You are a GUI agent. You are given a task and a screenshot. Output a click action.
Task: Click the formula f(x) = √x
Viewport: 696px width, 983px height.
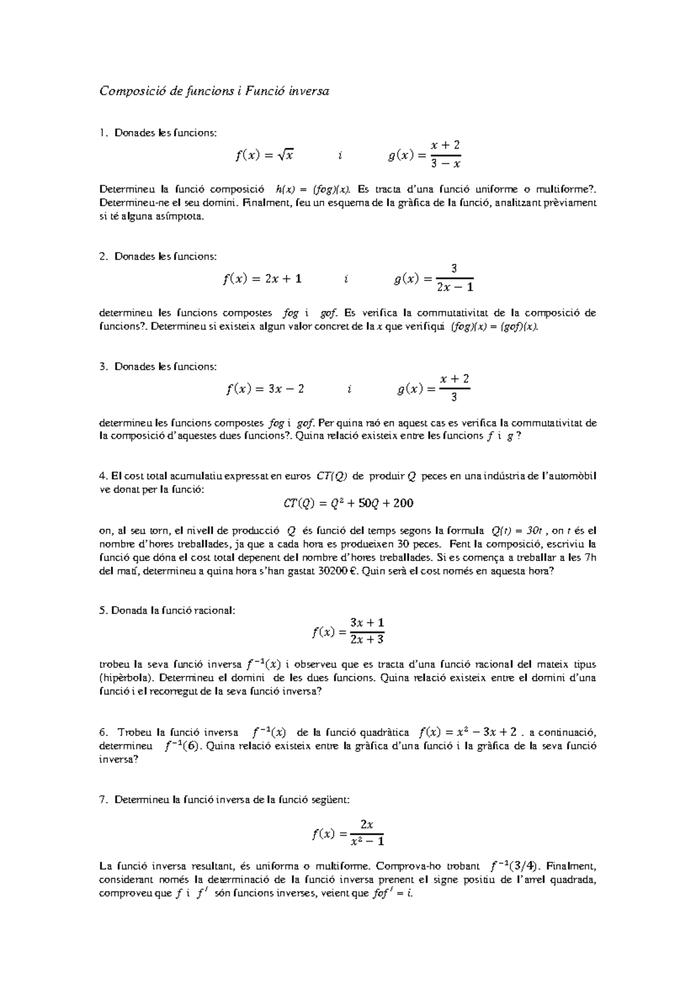(x=264, y=155)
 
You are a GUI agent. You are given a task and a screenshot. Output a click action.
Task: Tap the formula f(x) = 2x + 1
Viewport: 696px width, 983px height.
(x=262, y=279)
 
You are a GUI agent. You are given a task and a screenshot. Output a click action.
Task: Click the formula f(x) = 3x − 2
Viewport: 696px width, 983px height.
(x=265, y=389)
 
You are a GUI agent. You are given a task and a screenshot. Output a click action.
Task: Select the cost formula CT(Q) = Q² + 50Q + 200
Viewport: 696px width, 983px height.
(x=348, y=503)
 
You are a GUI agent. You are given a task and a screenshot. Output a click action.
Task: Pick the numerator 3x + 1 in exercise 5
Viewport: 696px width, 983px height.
(x=367, y=622)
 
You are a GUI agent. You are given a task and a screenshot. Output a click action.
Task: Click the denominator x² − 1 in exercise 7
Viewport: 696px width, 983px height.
(x=367, y=840)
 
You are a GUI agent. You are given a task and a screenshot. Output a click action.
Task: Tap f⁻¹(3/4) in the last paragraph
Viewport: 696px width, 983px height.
(x=513, y=867)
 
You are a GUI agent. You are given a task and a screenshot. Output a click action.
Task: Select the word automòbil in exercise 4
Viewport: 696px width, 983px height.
(x=573, y=476)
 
